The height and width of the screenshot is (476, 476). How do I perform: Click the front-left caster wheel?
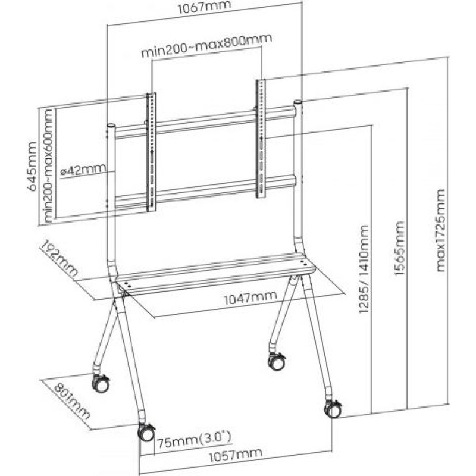pos(145,433)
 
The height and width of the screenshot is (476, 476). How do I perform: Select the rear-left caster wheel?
pos(101,384)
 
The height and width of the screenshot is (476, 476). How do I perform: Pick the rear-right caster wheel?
pos(277,361)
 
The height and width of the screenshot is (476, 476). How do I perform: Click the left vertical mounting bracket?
pos(151,152)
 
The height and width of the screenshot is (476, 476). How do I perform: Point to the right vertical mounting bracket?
pos(261,137)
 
